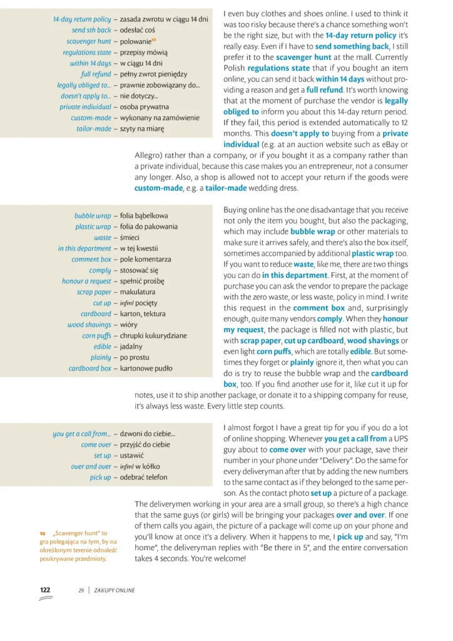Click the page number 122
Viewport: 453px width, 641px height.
(x=45, y=590)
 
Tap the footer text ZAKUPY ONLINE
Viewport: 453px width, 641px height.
(x=115, y=590)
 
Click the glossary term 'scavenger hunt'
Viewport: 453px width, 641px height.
(x=88, y=41)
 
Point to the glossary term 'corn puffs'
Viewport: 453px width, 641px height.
(x=96, y=336)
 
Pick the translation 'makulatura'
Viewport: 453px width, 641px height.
(x=138, y=292)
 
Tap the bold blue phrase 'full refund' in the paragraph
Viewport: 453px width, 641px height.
(x=325, y=91)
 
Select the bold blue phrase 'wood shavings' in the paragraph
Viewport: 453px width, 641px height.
(x=374, y=341)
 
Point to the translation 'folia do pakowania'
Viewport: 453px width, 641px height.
(x=148, y=227)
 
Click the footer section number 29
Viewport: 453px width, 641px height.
(x=81, y=590)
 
